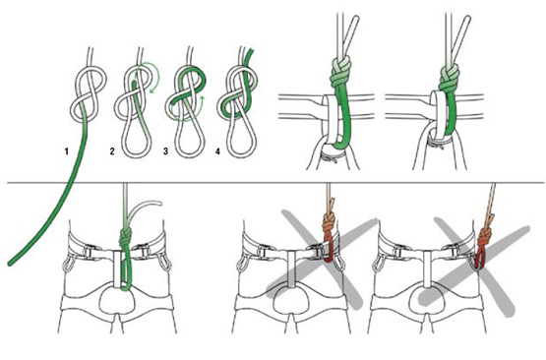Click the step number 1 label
coord(66,151)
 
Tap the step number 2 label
coord(112,151)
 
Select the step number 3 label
coord(165,151)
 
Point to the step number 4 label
coord(217,151)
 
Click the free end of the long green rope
coord(11,264)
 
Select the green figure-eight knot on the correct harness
coord(125,237)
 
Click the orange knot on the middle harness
coord(329,223)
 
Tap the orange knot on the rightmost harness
coord(486,237)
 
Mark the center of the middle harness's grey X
coord(321,260)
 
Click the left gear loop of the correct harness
coord(68,264)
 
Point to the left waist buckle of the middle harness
coord(262,252)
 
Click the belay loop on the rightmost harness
coord(427,270)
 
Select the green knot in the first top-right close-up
coord(339,74)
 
